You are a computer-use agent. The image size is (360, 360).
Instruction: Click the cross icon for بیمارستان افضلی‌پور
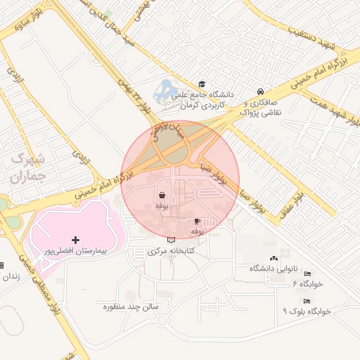(x=76, y=240)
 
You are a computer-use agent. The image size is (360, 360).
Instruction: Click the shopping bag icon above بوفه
(x=162, y=195)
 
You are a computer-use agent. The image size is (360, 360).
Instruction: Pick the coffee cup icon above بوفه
(x=197, y=220)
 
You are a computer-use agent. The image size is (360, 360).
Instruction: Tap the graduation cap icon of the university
(x=202, y=85)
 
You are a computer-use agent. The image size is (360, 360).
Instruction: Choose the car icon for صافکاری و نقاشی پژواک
(x=261, y=91)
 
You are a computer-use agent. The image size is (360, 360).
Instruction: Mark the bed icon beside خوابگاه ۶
(x=307, y=274)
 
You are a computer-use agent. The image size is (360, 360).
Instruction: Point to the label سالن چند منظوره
(x=133, y=307)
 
